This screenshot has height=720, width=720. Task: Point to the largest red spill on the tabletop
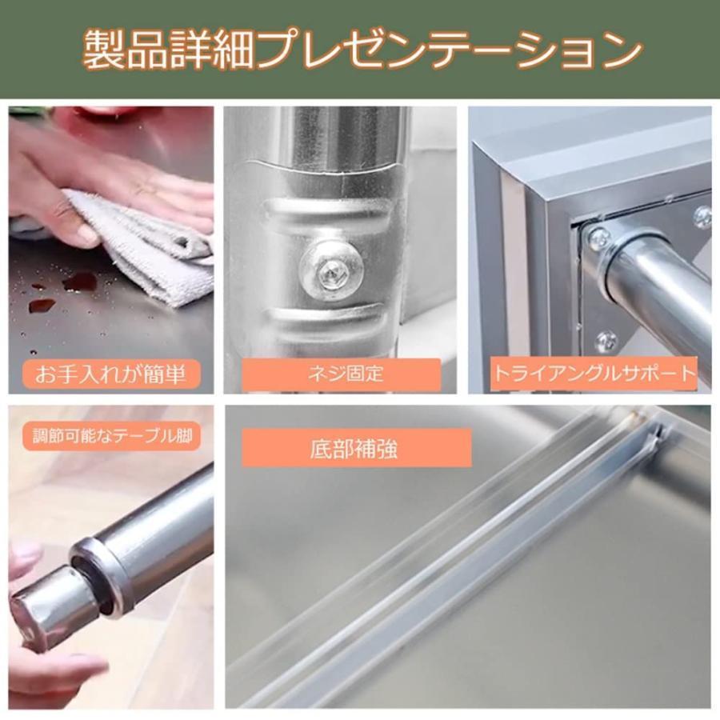click(x=80, y=282)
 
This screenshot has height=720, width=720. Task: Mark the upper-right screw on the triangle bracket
click(x=702, y=214)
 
